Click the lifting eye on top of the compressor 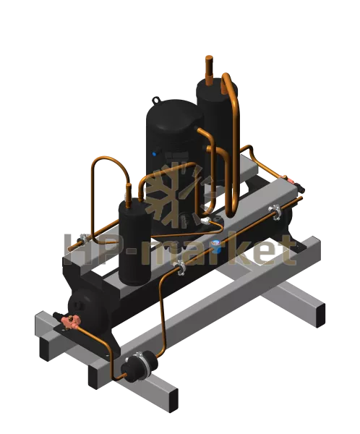click(156, 100)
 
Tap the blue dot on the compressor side click(154, 154)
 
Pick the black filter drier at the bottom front click(138, 366)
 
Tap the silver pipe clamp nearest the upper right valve click(275, 211)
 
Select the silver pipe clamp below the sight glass click(181, 268)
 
